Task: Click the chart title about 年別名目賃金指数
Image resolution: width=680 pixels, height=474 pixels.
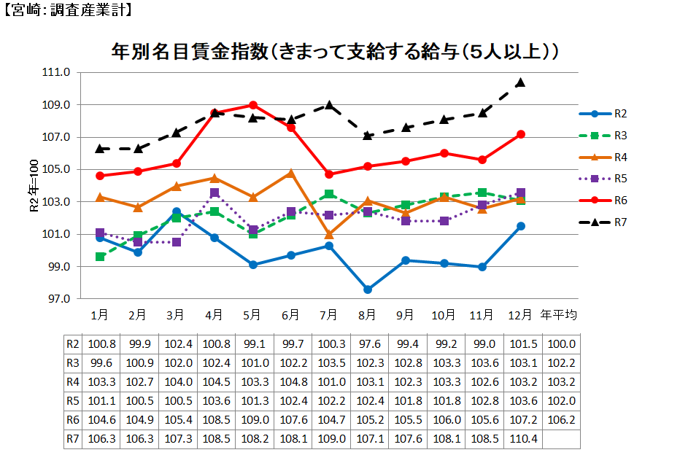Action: [336, 52]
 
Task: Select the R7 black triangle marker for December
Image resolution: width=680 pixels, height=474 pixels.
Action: [520, 82]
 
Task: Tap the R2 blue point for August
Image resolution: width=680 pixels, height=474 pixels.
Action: [368, 290]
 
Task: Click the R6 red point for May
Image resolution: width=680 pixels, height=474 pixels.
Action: [252, 105]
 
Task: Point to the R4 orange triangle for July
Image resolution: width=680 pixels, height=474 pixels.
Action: [329, 235]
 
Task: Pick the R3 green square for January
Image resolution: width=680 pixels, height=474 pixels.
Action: [100, 257]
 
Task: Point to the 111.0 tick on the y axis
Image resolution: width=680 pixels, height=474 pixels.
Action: [56, 73]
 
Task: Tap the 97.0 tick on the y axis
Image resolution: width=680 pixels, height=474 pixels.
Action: [56, 299]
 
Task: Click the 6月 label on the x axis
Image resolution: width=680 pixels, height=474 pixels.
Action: [290, 315]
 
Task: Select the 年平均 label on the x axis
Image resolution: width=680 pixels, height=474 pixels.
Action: [558, 315]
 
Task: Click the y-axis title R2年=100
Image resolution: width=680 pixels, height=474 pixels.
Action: [33, 186]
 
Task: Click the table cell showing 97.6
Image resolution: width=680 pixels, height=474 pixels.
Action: [368, 344]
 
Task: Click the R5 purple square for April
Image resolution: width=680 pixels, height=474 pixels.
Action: [215, 193]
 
